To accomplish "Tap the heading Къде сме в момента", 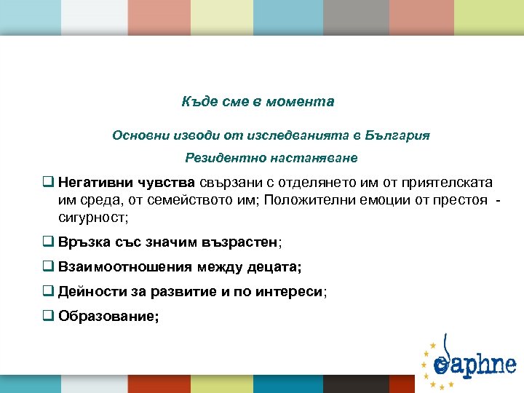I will (258, 102).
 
